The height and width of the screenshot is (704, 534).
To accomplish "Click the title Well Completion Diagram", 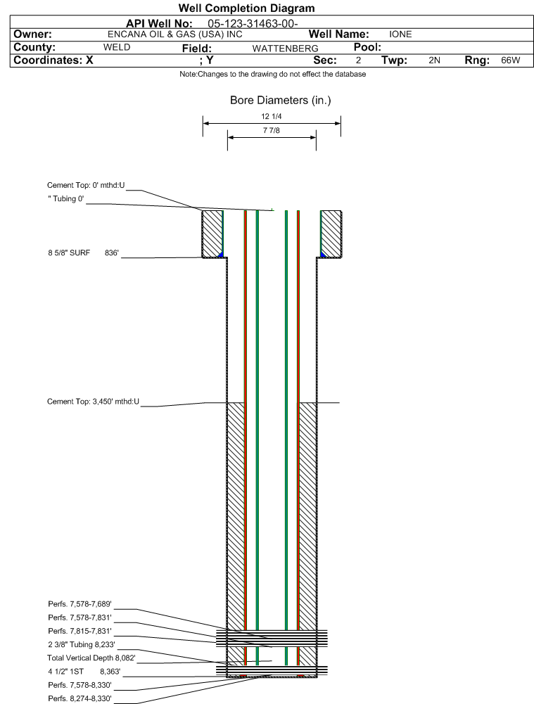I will tap(246, 8).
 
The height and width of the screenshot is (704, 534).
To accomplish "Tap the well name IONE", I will tap(400, 34).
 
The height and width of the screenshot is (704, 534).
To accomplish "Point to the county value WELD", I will tap(117, 48).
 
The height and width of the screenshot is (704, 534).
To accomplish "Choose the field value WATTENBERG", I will tap(285, 49).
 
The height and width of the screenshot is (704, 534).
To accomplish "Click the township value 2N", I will tap(434, 61).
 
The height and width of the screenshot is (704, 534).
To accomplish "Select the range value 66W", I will tap(510, 61).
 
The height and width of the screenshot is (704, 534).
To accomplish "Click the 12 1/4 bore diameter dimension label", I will tap(272, 117).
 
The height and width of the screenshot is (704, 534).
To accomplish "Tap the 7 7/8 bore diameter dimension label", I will tap(272, 132).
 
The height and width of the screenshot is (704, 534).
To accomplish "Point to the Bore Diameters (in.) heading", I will tap(280, 101).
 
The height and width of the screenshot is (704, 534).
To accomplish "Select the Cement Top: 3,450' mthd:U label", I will tap(94, 402).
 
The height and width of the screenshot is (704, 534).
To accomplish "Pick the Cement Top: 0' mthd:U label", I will tap(86, 185).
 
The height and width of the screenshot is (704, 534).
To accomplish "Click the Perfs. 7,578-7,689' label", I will tap(80, 604).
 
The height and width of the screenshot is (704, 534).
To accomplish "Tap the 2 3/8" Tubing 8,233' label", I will tap(81, 644).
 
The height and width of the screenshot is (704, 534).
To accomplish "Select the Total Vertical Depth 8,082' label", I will tap(91, 658).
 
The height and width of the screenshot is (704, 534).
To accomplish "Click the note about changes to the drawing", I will tap(272, 75).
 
